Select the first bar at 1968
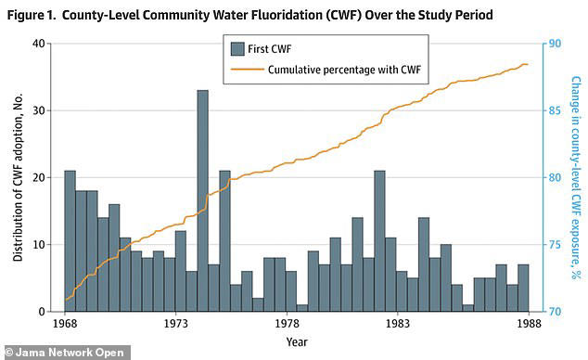(x=70, y=241)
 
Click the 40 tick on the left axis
(x=39, y=44)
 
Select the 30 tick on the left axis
(x=39, y=110)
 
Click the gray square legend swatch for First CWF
(x=237, y=49)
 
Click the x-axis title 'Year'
(x=297, y=341)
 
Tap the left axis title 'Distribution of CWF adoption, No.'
(x=17, y=176)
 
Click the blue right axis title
(x=575, y=176)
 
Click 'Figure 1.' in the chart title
(x=32, y=16)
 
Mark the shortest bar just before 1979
(x=302, y=307)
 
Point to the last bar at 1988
(x=523, y=289)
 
